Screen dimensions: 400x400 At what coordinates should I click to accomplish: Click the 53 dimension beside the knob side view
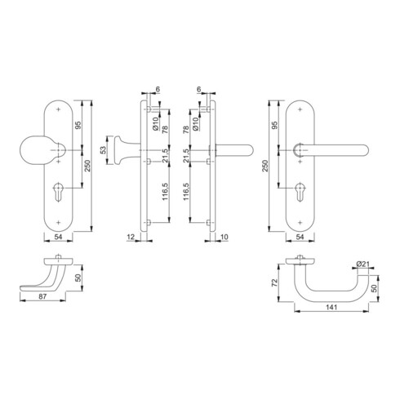pos(103,150)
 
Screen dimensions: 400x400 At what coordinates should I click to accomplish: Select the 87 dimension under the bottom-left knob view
pos(42,296)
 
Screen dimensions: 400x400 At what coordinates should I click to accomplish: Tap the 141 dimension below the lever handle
pos(331,308)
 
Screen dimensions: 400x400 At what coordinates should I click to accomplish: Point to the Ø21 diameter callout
pos(362,264)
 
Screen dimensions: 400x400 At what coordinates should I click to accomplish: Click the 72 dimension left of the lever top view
pos(274,283)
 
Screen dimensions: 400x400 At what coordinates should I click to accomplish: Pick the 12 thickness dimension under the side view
pos(131,237)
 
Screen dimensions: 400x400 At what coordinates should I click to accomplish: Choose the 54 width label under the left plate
pos(58,237)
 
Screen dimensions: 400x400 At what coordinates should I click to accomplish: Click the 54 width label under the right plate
pos(300,237)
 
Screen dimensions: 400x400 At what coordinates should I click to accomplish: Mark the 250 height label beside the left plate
pos(88,166)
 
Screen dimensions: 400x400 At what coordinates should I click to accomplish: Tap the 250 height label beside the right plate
pos(265,166)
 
